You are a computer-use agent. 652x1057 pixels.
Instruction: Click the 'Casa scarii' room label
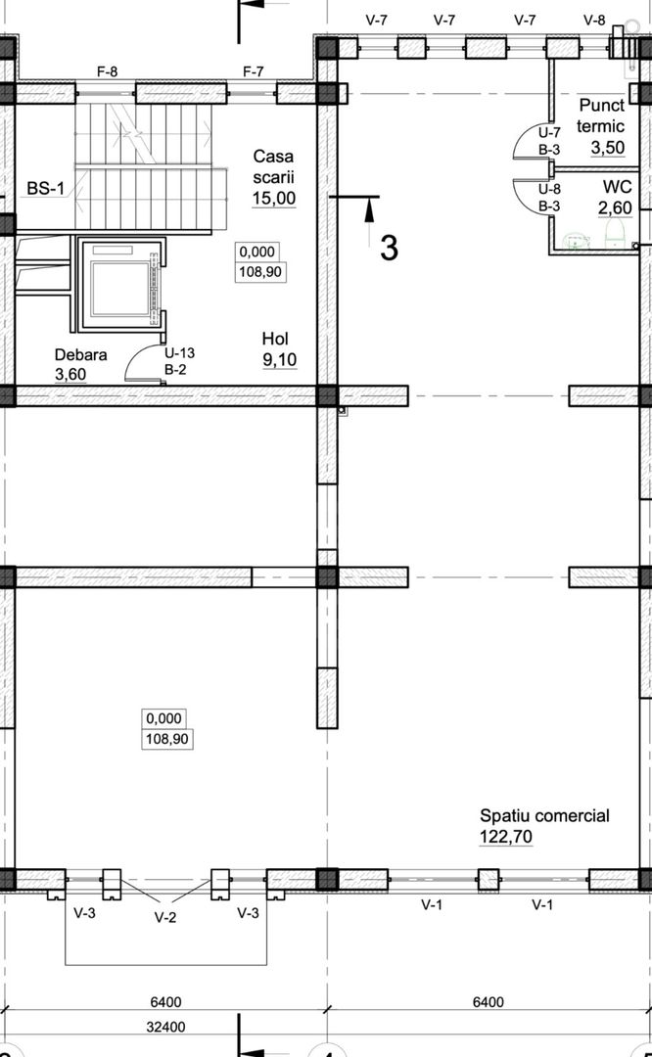(x=274, y=166)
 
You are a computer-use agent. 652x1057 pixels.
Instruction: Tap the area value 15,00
(x=274, y=198)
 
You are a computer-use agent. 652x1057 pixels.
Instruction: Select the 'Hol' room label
(x=276, y=339)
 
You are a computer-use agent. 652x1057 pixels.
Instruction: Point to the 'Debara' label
(x=81, y=355)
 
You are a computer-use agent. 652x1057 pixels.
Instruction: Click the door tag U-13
(x=179, y=352)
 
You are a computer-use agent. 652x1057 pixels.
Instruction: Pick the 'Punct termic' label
(x=601, y=115)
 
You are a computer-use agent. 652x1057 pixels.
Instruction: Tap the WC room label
(x=617, y=187)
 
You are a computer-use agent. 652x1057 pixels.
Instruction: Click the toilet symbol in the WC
(x=615, y=235)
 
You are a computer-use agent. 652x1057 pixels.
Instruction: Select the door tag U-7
(x=549, y=133)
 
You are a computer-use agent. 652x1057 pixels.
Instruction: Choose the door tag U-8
(x=549, y=190)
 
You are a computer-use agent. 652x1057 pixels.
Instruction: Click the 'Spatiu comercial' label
(x=544, y=815)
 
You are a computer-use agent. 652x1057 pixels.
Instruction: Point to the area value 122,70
(x=506, y=837)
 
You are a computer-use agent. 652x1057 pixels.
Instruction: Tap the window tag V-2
(x=165, y=917)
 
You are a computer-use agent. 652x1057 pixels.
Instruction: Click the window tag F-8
(x=108, y=71)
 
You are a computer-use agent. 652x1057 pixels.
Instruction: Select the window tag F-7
(x=254, y=71)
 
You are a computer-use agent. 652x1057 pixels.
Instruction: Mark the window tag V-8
(x=594, y=21)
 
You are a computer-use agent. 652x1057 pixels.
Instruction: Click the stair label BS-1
(x=46, y=188)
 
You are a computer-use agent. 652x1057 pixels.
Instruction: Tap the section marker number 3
(x=389, y=248)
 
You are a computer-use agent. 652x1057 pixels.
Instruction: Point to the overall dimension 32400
(x=165, y=1028)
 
